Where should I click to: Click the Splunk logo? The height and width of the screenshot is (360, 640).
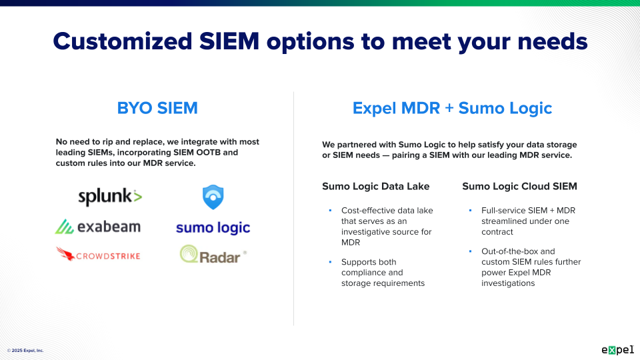110,197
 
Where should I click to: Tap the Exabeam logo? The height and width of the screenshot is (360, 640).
98,227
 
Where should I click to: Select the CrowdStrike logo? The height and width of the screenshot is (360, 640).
98,255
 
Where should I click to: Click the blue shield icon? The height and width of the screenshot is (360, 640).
213,197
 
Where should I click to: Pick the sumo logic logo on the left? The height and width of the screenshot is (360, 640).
213,228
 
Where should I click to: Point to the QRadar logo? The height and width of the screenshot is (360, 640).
213,255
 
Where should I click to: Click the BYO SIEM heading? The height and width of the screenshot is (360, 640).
157,108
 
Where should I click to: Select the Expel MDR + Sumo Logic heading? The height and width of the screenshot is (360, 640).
452,108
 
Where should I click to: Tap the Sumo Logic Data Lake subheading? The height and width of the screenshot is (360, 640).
376,187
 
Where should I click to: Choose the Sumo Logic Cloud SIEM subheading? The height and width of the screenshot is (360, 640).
519,187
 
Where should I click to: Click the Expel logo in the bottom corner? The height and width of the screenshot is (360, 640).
617,349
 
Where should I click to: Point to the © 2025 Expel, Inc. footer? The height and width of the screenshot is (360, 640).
25,350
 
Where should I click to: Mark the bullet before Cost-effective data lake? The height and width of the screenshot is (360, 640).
329,211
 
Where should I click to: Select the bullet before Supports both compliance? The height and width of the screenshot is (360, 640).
329,262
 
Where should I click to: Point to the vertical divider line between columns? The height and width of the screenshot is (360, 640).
294,207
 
